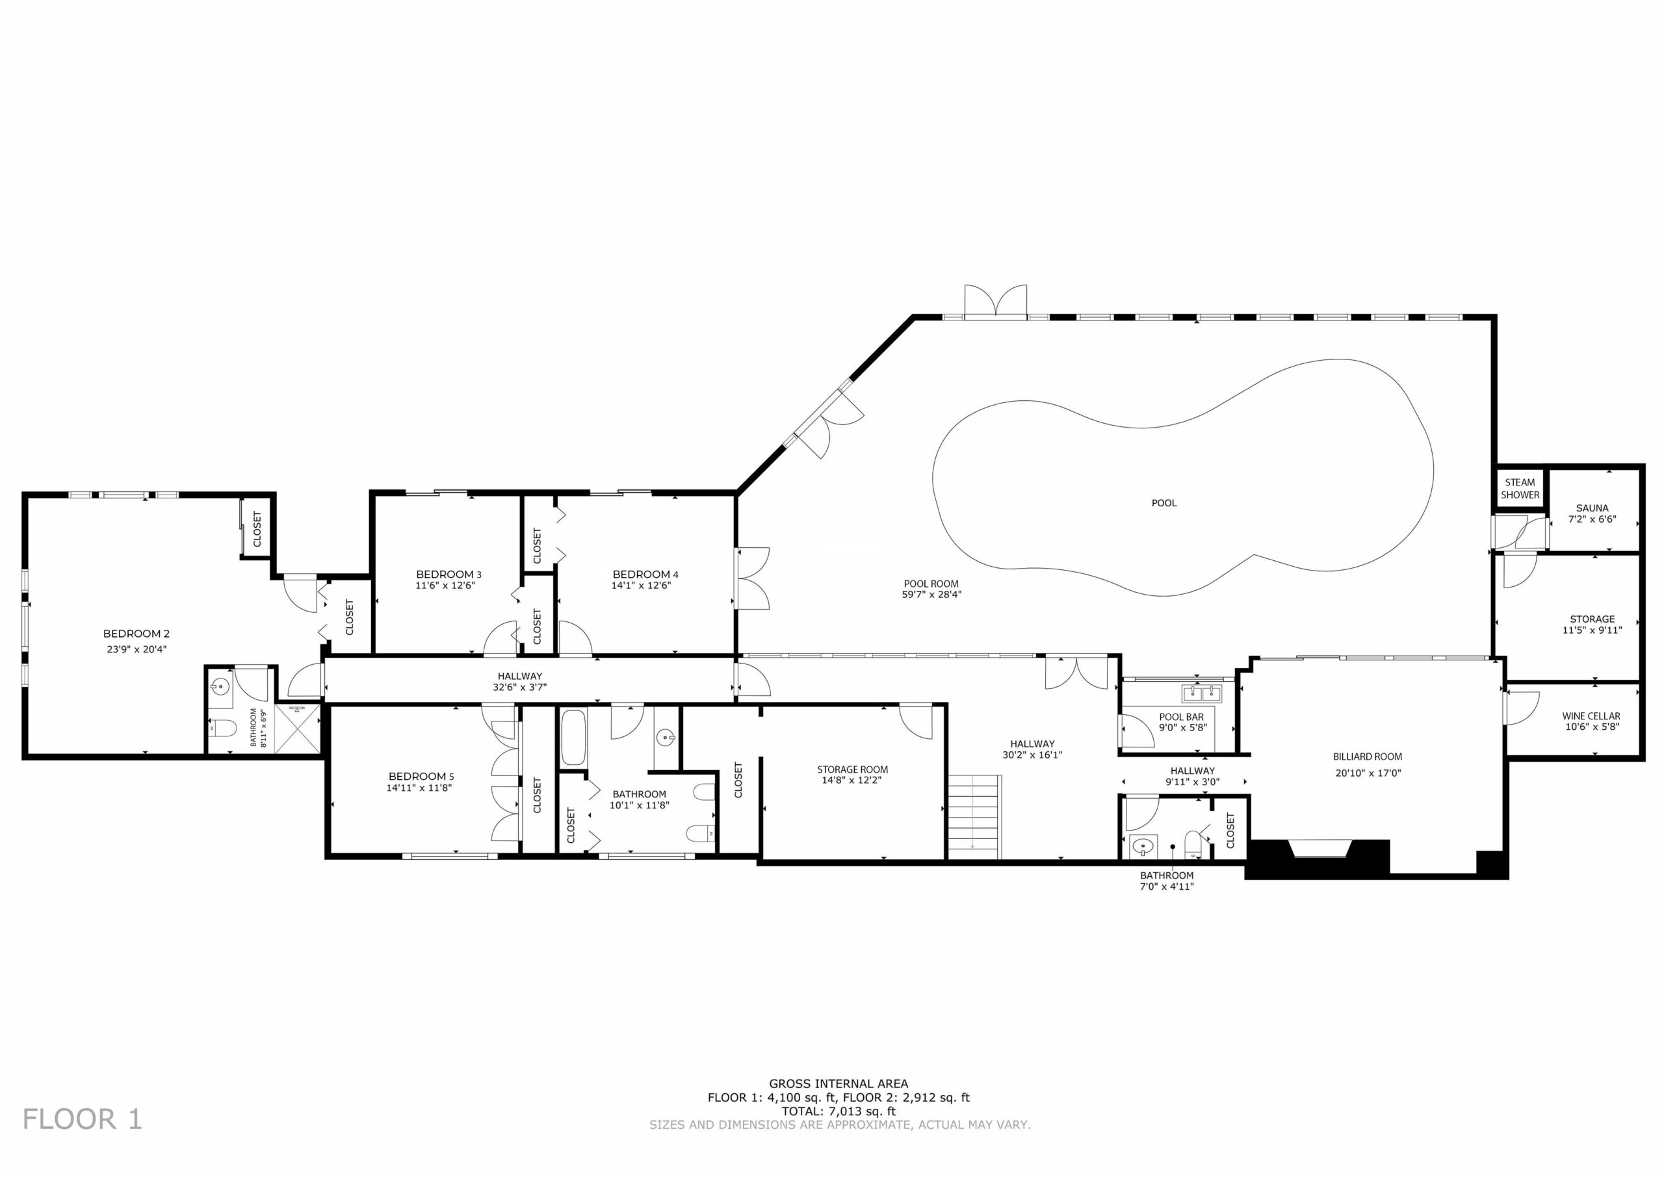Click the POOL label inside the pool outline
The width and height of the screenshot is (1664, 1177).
(x=1164, y=503)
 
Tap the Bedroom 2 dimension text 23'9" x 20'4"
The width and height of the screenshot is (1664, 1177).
(x=136, y=649)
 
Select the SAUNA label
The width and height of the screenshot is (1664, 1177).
(x=1592, y=508)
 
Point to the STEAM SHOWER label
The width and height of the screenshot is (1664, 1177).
(x=1520, y=489)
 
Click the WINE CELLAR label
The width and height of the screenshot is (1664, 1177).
(x=1591, y=716)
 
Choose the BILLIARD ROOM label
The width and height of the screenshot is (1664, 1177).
(x=1368, y=757)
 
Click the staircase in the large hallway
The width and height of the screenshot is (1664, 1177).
(x=974, y=817)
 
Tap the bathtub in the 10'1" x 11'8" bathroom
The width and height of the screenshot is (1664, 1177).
(x=573, y=737)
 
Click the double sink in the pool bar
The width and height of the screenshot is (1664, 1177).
(x=1202, y=693)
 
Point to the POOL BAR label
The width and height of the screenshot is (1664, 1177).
(x=1181, y=717)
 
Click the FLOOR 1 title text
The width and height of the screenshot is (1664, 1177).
(x=82, y=1119)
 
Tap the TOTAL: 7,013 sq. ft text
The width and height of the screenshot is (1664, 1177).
(x=838, y=1111)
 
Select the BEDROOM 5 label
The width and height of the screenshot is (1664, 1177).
(x=421, y=776)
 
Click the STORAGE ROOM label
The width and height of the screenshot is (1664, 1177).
(x=852, y=770)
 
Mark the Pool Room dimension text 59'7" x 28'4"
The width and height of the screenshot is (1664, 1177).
(x=931, y=594)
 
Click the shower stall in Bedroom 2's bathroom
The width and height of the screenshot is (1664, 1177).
(x=297, y=728)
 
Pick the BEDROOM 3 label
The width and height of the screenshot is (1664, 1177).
(x=448, y=575)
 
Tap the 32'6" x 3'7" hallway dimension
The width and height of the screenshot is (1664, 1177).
(x=519, y=687)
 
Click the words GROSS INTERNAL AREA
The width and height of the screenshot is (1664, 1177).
(x=838, y=1084)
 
